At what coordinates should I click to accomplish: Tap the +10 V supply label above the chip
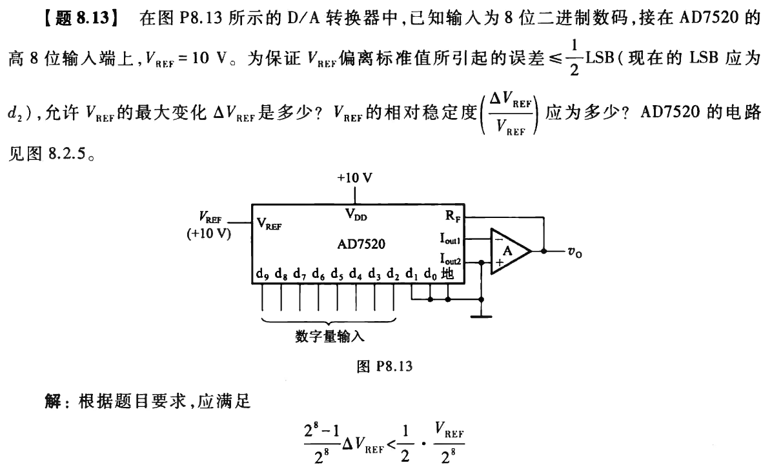coord(354,179)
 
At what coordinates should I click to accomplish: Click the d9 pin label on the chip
coord(262,274)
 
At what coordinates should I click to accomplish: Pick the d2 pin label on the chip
coord(393,274)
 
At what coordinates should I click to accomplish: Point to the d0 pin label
coord(431,274)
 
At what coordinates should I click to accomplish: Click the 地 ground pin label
coord(448,273)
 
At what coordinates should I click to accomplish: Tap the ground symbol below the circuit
coord(481,315)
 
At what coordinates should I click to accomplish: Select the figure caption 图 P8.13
coord(384,367)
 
